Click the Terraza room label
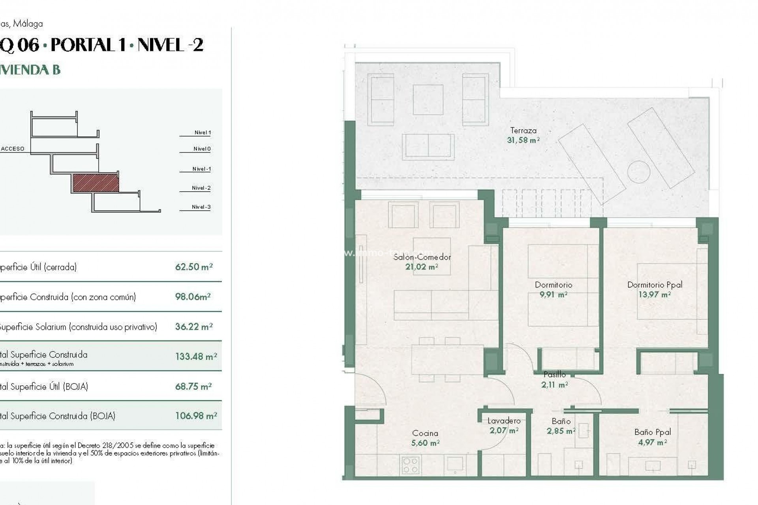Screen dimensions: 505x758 coord(523,130)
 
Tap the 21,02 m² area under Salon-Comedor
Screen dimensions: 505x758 coord(421,267)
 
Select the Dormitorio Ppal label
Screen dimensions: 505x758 coord(655,284)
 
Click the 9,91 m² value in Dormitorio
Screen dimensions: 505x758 coord(553,295)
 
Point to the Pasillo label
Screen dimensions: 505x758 coord(554,374)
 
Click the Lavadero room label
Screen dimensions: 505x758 coord(504,421)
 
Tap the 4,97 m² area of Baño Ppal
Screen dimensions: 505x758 coord(652,443)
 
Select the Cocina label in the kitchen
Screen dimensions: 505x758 coord(425,433)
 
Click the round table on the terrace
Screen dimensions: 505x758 coord(638,172)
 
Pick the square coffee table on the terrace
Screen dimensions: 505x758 coord(428,99)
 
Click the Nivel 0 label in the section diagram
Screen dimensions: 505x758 coord(202,149)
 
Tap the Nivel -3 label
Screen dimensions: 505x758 coord(201,207)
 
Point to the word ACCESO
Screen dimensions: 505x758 coord(13,149)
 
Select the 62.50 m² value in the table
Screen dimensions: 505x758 coord(194,267)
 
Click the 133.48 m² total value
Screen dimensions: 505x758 coord(196,357)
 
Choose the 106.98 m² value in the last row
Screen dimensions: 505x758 coord(196,416)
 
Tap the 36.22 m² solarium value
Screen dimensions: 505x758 coord(194,327)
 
